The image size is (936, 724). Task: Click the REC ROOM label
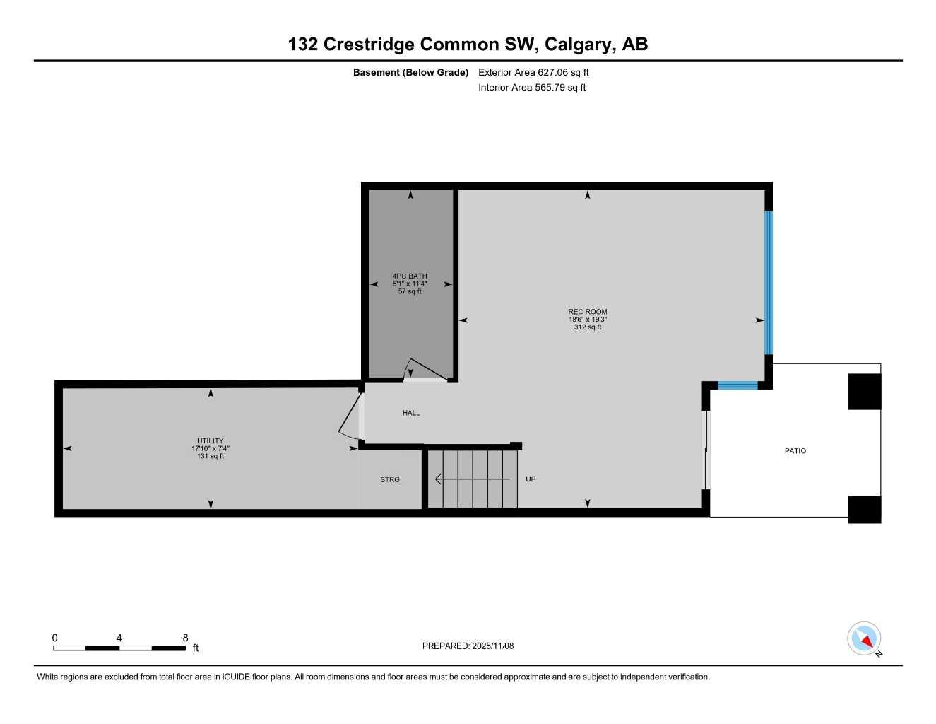(588, 312)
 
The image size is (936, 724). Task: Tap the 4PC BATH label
(410, 276)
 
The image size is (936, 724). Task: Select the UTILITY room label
(211, 440)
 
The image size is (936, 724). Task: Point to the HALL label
(411, 413)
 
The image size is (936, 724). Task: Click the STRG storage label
(390, 479)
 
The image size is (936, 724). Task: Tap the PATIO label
(795, 451)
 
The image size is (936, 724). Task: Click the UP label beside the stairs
(531, 479)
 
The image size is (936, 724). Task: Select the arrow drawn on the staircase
(472, 479)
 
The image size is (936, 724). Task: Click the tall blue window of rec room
(769, 283)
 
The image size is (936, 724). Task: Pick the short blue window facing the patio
(737, 385)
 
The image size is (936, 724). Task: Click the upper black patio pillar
(865, 392)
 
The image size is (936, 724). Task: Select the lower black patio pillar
(865, 510)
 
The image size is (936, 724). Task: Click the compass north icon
(864, 638)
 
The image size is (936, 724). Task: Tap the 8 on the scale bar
(186, 638)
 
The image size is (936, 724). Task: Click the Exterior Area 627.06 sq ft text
(533, 72)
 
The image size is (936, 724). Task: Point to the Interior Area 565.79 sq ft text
(532, 88)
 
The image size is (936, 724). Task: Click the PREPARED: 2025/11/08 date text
(468, 646)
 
